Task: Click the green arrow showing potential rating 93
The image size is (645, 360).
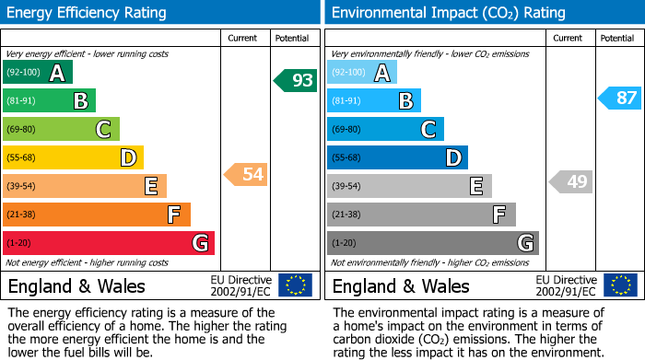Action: (x=296, y=80)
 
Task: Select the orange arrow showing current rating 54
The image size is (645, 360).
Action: (x=246, y=174)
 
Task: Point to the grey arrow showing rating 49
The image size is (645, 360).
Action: (x=570, y=181)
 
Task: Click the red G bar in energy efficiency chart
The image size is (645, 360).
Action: (x=109, y=243)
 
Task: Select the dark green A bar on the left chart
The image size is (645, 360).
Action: (x=37, y=73)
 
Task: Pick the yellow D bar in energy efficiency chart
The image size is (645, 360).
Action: (x=73, y=158)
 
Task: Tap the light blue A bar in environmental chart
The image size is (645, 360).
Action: (x=362, y=73)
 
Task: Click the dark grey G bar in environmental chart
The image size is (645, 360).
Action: (x=432, y=243)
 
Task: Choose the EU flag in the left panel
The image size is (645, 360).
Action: (x=295, y=285)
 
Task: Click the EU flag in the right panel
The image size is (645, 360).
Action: (x=620, y=285)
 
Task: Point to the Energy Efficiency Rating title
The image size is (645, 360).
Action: (x=88, y=13)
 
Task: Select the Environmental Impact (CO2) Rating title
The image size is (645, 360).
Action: (x=448, y=13)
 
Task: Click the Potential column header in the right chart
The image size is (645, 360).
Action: (x=617, y=38)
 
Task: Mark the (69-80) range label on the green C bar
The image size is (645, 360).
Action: (x=22, y=130)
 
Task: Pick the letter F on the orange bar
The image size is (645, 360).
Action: (x=173, y=215)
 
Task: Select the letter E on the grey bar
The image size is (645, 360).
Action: (x=475, y=187)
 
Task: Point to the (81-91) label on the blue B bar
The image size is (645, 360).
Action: (x=346, y=101)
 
